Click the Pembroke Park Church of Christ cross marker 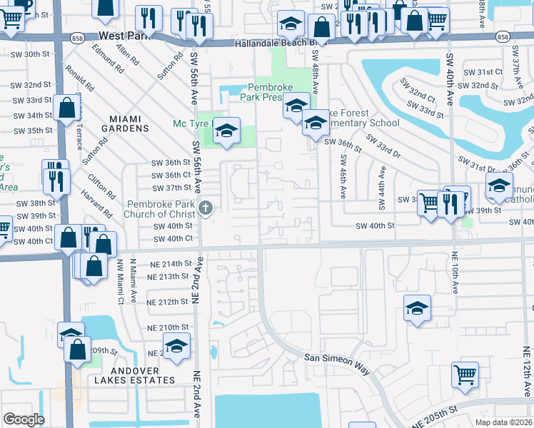click(x=206, y=208)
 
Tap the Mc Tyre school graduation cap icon click(x=226, y=131)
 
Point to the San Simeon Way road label click(x=337, y=360)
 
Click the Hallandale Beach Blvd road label click(x=278, y=44)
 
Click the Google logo click(x=23, y=419)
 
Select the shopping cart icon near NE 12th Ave click(x=465, y=373)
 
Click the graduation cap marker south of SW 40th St click(x=417, y=308)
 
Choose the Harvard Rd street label click(x=96, y=203)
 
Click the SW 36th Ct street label click(x=171, y=175)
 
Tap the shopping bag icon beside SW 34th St click(x=66, y=109)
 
